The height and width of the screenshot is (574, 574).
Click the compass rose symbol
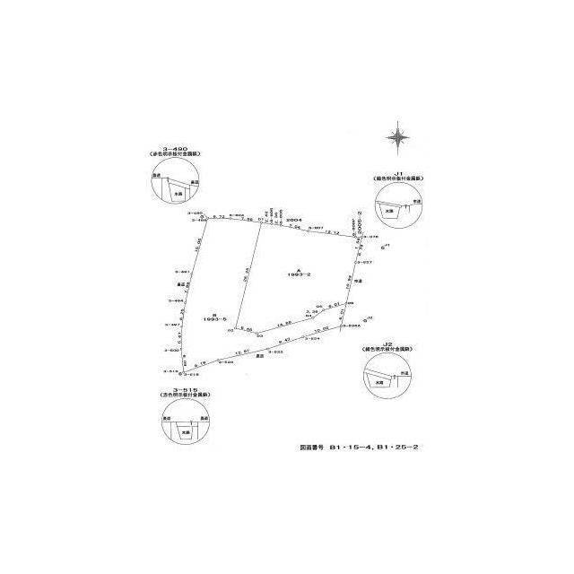398,138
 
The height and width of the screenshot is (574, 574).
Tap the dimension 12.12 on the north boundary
331,232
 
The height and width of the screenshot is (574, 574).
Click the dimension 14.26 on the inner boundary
284,323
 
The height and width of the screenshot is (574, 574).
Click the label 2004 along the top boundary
292,218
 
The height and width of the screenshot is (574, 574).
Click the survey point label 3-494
175,300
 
